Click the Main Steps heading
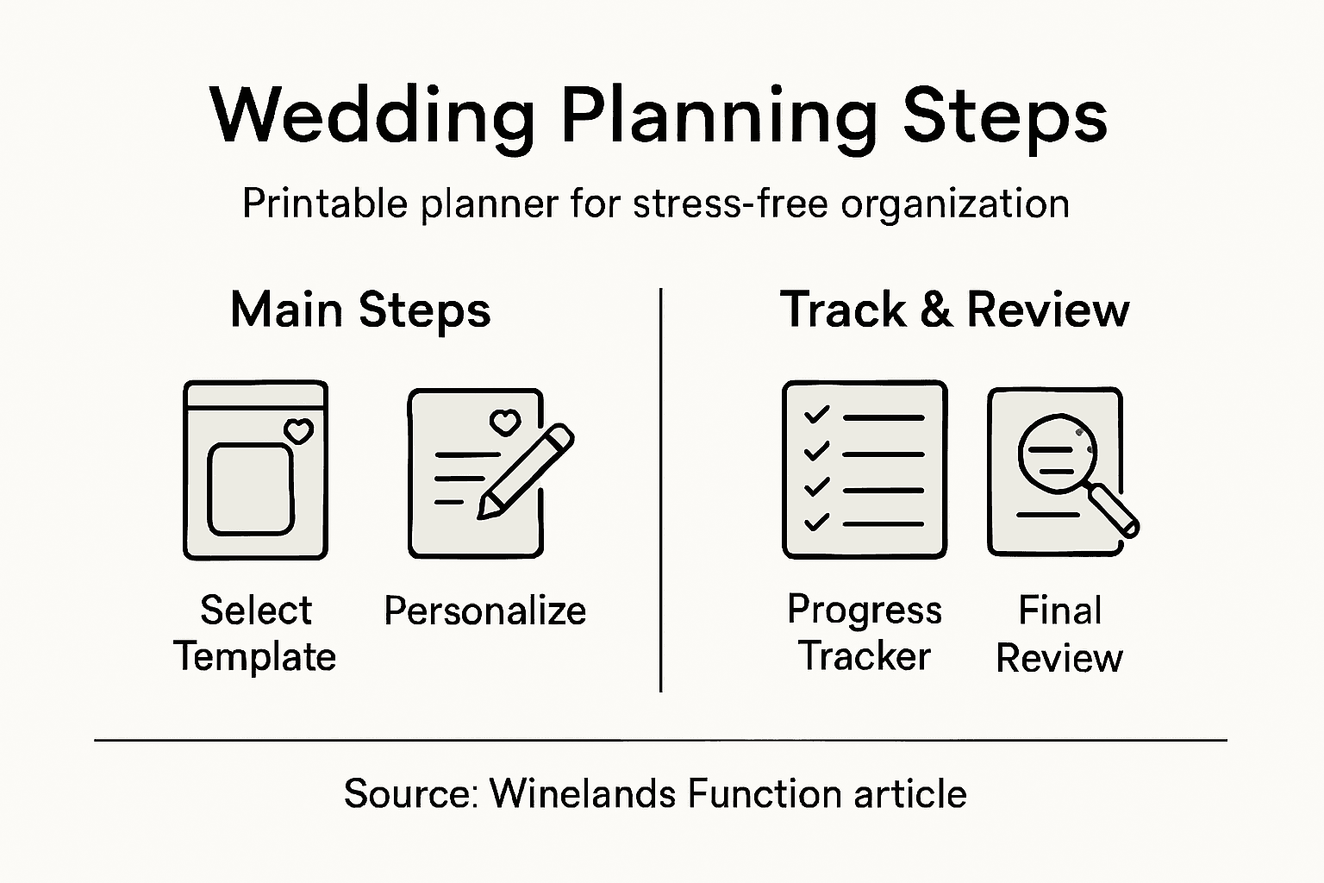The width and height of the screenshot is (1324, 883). [x=360, y=310]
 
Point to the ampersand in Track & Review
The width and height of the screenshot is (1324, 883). [x=935, y=310]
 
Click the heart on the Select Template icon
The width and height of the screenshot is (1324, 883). [x=299, y=430]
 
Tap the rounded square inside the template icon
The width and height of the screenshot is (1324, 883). [x=251, y=490]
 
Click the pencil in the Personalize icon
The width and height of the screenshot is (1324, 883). [x=525, y=471]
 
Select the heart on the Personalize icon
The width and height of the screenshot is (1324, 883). [x=504, y=423]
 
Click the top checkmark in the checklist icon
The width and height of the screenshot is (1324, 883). [x=815, y=416]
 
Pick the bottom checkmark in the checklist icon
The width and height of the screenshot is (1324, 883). [x=815, y=522]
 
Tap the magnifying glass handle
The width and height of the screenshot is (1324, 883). [x=1115, y=511]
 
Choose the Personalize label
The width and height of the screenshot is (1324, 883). [x=484, y=611]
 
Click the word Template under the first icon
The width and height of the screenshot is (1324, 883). [x=255, y=657]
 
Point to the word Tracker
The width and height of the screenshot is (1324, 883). [x=865, y=657]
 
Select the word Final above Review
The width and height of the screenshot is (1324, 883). [x=1059, y=611]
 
